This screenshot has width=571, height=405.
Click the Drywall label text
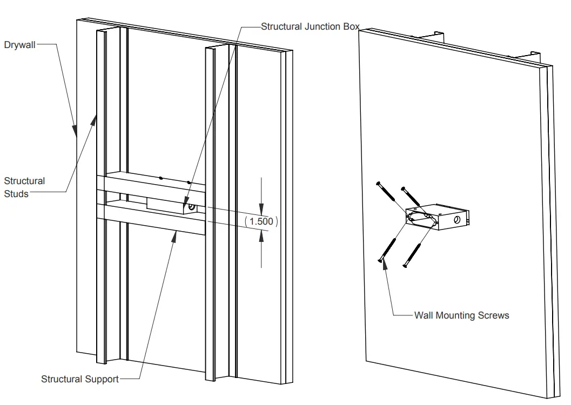tap(19, 45)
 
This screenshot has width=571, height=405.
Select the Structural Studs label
tap(24, 187)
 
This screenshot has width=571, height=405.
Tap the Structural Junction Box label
tap(310, 26)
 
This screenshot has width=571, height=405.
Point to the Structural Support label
tap(79, 379)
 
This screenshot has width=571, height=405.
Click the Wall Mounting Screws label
tap(461, 315)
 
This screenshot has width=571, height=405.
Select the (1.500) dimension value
tap(261, 221)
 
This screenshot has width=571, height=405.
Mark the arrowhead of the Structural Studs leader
tap(95, 119)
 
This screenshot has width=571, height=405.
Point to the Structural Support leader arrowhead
tap(176, 234)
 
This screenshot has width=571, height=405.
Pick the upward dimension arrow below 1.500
tap(261, 233)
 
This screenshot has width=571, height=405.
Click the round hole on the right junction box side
tap(457, 219)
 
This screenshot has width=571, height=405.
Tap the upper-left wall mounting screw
tap(388, 195)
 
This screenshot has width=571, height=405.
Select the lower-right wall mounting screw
tap(413, 254)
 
